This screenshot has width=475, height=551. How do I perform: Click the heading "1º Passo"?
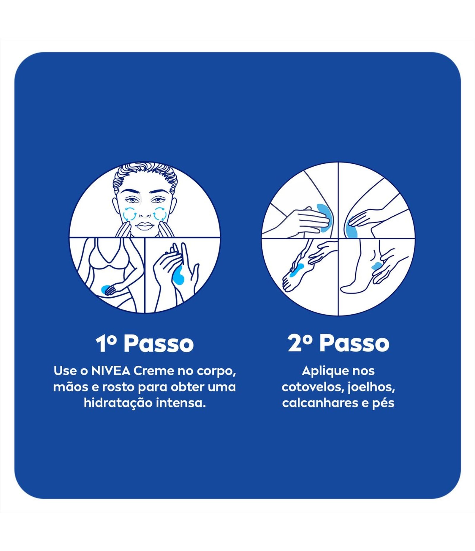[x=145, y=344]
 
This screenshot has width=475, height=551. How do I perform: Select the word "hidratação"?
[x=118, y=403]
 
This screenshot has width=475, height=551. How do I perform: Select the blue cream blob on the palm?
[x=179, y=275]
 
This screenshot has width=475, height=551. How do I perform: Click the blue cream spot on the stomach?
[x=106, y=289]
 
